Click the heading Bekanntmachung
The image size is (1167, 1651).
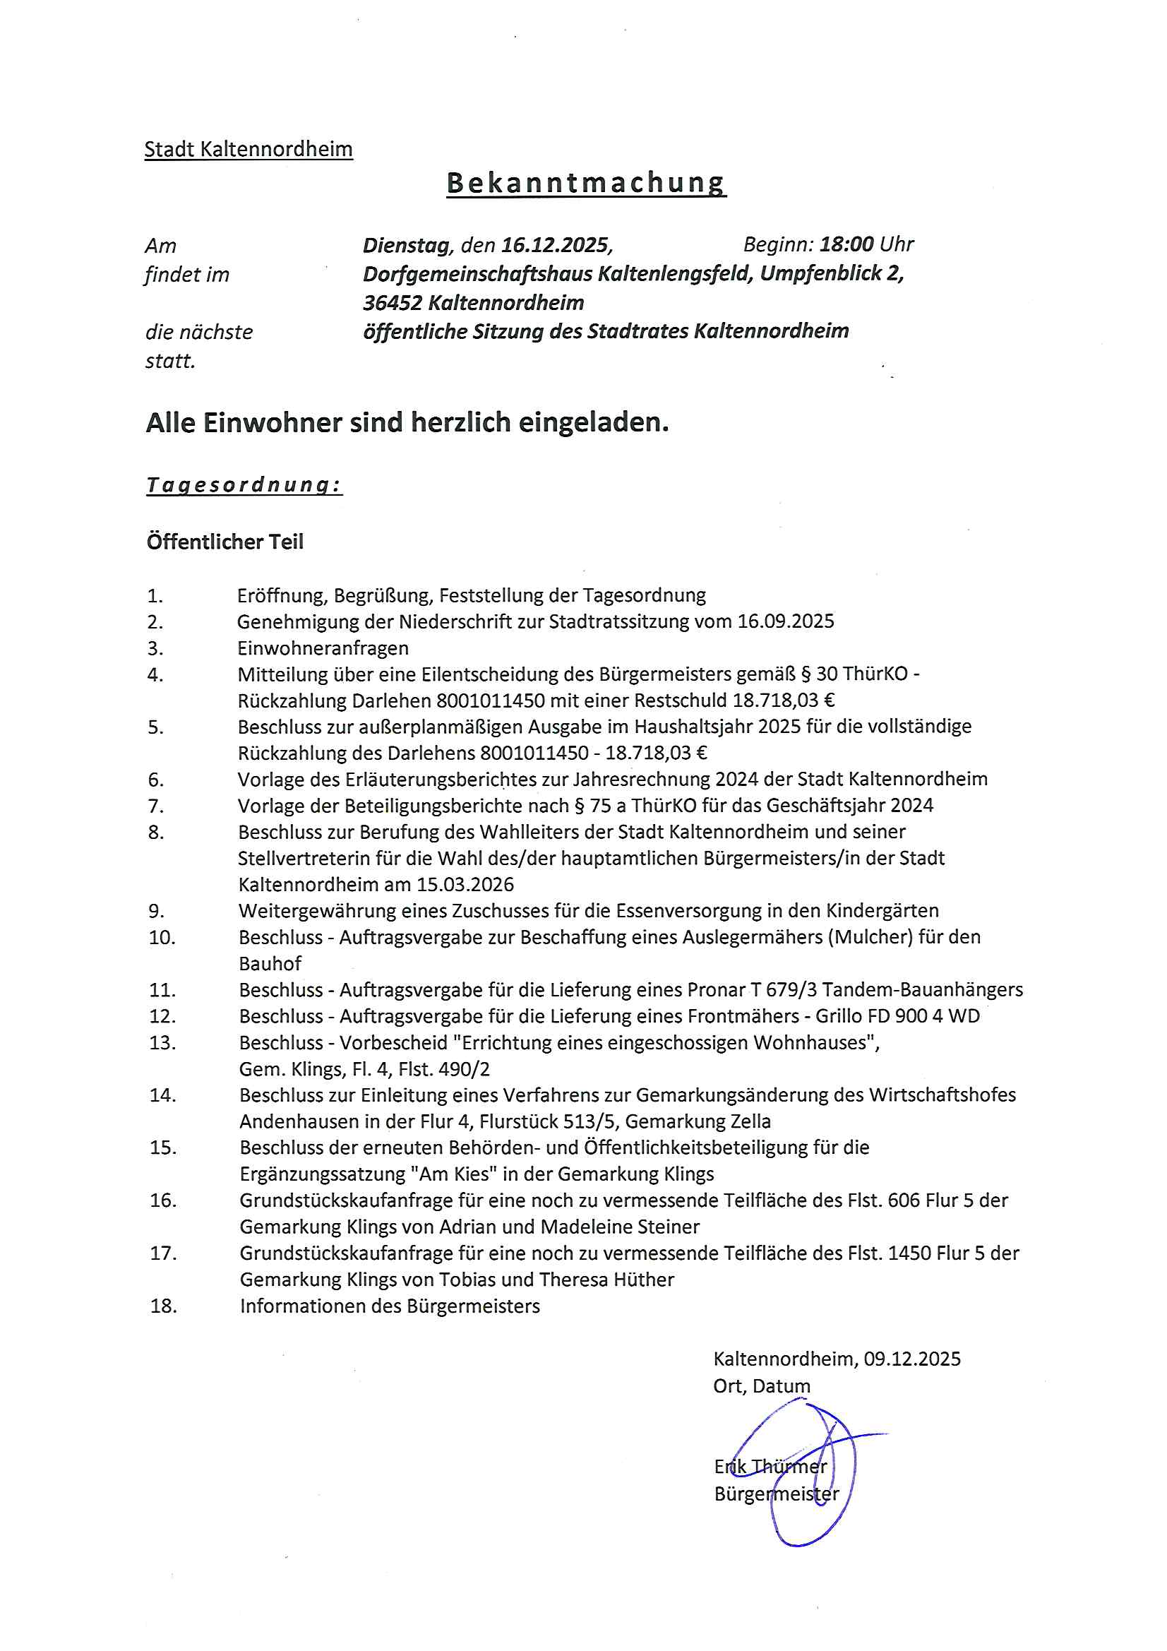coord(586,184)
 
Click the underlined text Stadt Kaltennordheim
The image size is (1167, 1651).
coord(248,150)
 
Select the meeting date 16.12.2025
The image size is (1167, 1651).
coord(555,245)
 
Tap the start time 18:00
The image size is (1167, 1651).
coord(846,244)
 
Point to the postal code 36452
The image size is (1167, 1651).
coord(392,303)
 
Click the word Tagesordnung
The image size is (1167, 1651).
coord(244,485)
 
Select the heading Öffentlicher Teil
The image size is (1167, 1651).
coord(225,542)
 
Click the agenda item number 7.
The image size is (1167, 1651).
coord(156,806)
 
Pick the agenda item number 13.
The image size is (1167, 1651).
coord(162,1043)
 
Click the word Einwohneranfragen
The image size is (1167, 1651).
coord(323,648)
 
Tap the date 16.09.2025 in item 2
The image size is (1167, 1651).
coord(786,621)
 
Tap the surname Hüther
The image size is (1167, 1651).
coord(644,1280)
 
